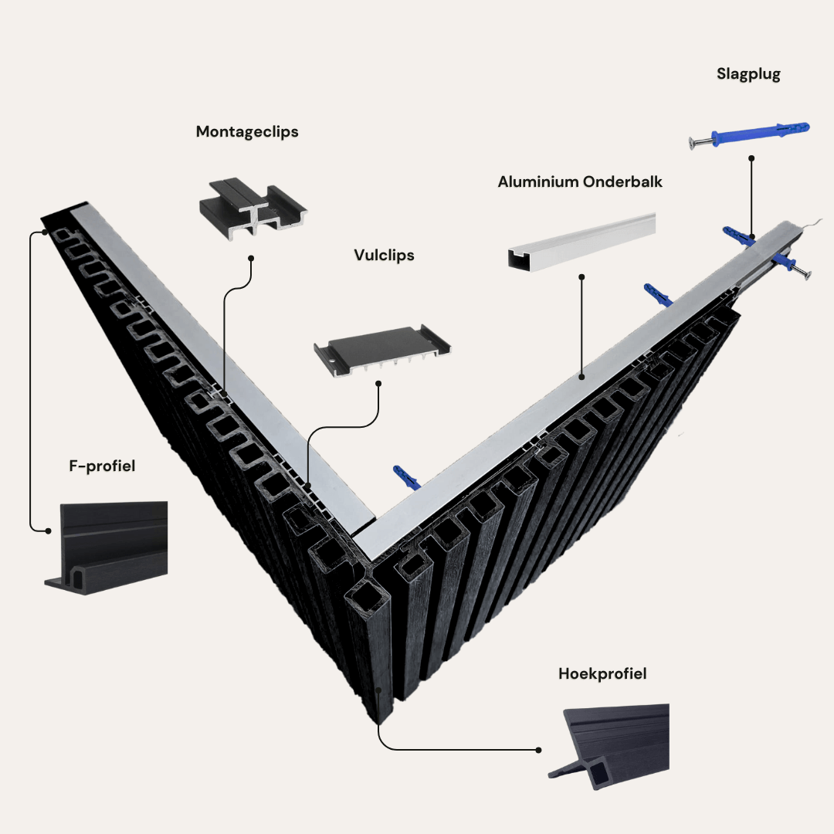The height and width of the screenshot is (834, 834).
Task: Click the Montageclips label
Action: [247, 132]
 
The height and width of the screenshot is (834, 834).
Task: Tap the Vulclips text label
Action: [384, 255]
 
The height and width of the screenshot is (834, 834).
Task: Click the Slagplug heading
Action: [748, 75]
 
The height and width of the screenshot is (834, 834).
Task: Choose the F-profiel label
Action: [102, 466]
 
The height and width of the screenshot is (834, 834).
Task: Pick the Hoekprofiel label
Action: [602, 674]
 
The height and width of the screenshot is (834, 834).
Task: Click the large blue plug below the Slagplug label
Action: [761, 134]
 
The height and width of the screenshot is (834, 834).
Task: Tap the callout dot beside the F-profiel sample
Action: [49, 531]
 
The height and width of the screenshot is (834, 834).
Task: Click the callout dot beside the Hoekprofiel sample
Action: [538, 750]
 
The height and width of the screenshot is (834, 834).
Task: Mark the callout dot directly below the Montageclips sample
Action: [251, 259]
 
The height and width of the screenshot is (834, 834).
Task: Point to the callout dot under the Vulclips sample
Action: [378, 383]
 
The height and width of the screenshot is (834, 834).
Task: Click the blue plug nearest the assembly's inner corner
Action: [408, 476]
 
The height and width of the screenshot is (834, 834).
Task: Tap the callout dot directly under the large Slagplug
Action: [751, 158]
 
